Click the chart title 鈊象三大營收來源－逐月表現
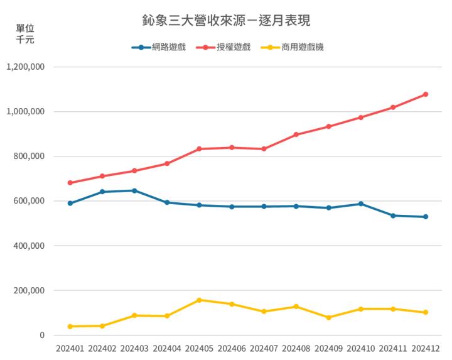click(227, 20)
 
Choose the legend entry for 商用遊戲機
click(293, 47)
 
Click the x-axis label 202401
click(70, 348)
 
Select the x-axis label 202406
click(232, 348)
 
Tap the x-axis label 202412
click(426, 348)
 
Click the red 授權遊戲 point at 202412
click(426, 94)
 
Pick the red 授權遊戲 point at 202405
click(199, 149)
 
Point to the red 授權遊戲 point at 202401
click(70, 183)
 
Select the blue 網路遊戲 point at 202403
click(134, 190)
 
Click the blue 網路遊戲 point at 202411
click(393, 215)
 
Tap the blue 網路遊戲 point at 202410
click(361, 204)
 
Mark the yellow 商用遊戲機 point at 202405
click(199, 300)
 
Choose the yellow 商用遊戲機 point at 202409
click(328, 317)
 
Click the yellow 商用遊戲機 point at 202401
click(70, 326)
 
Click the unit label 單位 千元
click(24, 34)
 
